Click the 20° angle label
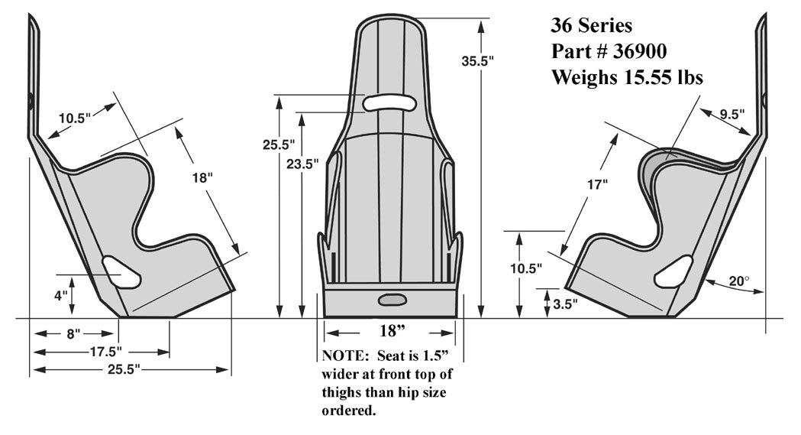coord(738,281)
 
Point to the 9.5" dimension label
coord(732,114)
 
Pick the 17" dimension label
coord(599,184)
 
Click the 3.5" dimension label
coord(564,303)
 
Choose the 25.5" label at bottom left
coord(121,370)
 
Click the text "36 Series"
coord(591,26)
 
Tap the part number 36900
coord(640,51)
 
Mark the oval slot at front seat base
coord(392,299)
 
